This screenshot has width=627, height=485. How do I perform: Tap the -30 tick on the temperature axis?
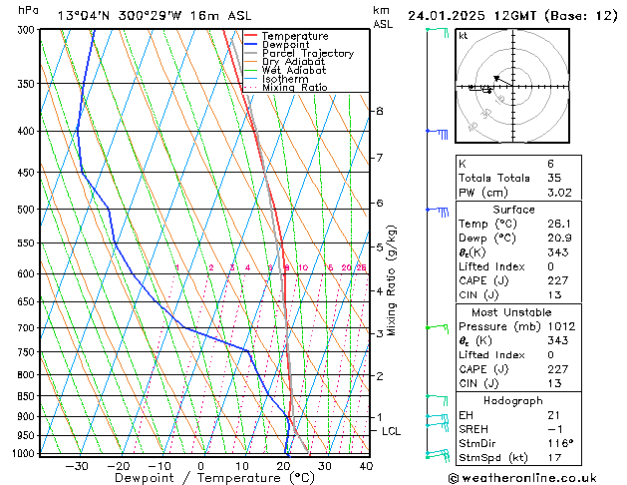pyautogui.click(x=77, y=465)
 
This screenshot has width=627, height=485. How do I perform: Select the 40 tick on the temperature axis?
pyautogui.click(x=366, y=465)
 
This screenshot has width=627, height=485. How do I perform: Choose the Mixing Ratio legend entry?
pyautogui.click(x=294, y=87)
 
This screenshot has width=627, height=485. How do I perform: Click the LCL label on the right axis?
pyautogui.click(x=392, y=431)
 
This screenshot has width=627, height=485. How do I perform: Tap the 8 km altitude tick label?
pyautogui.click(x=380, y=111)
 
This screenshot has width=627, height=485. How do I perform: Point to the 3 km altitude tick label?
pyautogui.click(x=380, y=333)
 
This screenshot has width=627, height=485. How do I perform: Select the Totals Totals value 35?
pyautogui.click(x=552, y=178)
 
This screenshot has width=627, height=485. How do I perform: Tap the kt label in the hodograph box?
pyautogui.click(x=463, y=36)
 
